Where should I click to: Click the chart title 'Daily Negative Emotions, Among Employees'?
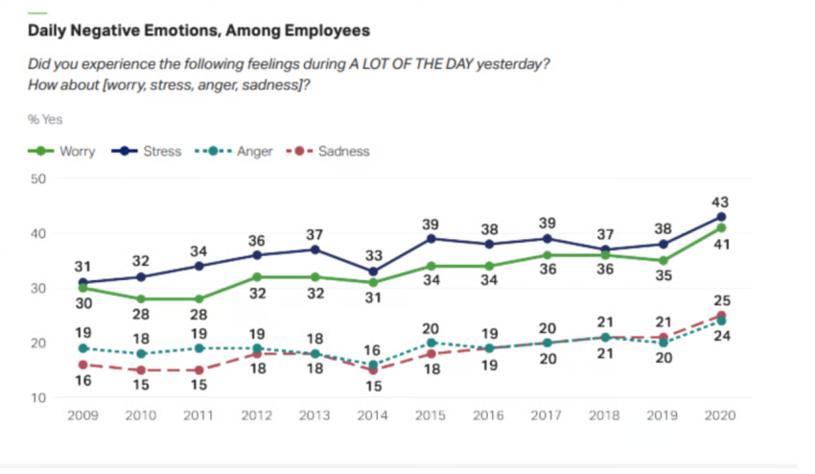[x=198, y=31]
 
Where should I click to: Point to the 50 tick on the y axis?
[x=38, y=178]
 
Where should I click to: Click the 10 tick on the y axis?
[x=38, y=398]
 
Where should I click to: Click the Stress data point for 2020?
[x=721, y=217]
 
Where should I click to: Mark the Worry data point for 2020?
[x=721, y=227]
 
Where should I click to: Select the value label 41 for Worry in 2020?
[x=721, y=246]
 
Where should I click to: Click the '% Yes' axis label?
[x=45, y=119]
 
